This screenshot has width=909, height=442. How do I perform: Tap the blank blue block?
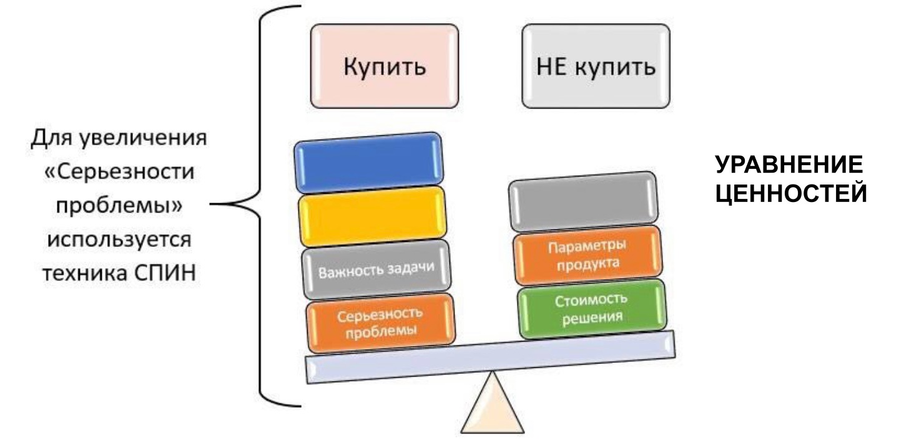(x=370, y=163)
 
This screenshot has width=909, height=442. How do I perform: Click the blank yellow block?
(x=373, y=216)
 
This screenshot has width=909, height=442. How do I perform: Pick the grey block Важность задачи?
(x=376, y=270)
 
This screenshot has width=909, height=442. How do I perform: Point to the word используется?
(x=119, y=239)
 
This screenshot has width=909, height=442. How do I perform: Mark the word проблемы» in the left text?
(x=119, y=206)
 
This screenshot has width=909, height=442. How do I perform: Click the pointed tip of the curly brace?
(x=212, y=203)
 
